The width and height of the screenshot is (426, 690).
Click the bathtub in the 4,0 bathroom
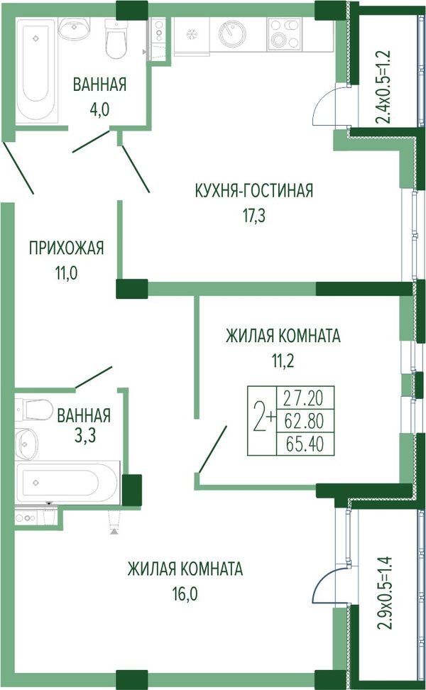36,70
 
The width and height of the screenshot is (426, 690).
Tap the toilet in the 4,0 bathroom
116,39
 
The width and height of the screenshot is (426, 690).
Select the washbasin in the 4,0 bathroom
75,29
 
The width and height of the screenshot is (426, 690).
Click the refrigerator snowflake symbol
192,34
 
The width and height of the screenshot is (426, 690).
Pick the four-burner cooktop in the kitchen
285,34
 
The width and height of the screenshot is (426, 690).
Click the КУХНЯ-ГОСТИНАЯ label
254,191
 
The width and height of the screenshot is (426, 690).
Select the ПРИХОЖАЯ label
67,248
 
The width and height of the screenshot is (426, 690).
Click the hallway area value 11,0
67,273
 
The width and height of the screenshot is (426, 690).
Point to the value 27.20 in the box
304,399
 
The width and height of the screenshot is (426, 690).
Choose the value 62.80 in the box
304,421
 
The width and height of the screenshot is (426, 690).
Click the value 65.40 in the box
305,444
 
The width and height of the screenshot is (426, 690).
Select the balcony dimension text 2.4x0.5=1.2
383,87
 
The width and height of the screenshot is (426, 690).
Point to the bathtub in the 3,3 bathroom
67,483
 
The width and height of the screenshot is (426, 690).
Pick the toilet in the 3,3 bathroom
34,410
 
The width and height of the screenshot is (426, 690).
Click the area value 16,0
185,594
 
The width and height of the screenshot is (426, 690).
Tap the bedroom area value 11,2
282,361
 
